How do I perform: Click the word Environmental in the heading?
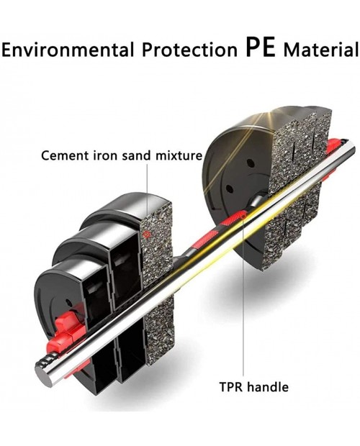click(67, 50)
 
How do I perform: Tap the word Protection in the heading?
click(189, 50)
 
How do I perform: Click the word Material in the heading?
click(321, 50)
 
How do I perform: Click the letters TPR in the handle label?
click(231, 387)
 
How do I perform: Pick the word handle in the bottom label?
click(268, 387)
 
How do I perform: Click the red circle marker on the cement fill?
click(147, 235)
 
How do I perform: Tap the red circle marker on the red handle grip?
click(243, 217)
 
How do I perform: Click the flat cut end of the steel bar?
click(42, 373)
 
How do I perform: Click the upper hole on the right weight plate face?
click(250, 163)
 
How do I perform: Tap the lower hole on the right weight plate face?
click(228, 188)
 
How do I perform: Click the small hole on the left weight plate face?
click(68, 302)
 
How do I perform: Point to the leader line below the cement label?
click(147, 197)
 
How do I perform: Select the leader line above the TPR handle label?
click(243, 298)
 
